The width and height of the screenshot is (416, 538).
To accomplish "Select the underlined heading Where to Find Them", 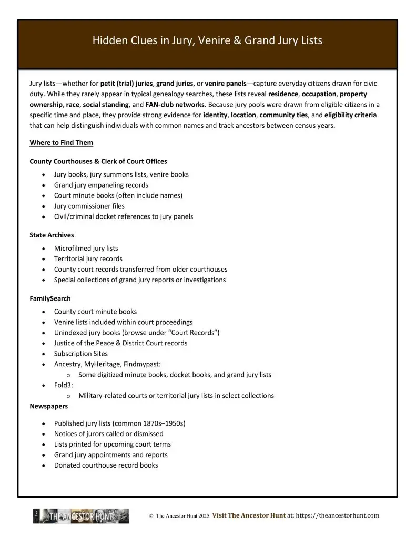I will (62, 142).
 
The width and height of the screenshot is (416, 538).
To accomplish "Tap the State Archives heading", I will (52, 235).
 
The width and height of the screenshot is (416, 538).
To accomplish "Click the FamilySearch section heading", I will (50, 298).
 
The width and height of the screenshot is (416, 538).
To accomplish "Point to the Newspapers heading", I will (48, 406).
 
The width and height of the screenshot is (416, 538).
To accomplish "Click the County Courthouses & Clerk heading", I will (98, 161).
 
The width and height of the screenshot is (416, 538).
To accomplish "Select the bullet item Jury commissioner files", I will (89, 206).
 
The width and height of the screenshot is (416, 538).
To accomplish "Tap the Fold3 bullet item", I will (63, 385).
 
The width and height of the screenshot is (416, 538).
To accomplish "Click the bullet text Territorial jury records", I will (88, 258).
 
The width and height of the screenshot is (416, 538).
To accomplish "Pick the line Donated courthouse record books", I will (106, 465).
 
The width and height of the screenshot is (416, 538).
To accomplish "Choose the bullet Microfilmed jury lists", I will (86, 248).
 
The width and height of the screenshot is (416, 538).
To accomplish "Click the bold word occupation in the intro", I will (319, 94).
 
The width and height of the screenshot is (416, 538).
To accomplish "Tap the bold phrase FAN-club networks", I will (175, 105).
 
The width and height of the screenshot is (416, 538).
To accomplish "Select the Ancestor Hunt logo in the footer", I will (81, 516).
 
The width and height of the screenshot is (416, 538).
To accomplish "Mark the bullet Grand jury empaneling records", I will (101, 185).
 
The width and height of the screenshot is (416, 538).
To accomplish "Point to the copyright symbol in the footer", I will (151, 516).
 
